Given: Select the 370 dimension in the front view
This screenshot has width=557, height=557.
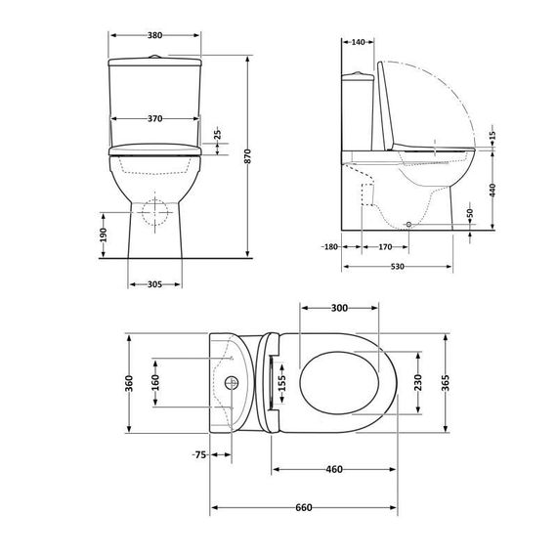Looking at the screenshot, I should (154, 118).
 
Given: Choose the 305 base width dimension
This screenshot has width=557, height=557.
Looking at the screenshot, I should (154, 284).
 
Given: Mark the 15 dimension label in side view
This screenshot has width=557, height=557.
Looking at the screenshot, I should (493, 134).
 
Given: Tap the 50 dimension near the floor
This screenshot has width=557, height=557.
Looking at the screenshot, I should (470, 213).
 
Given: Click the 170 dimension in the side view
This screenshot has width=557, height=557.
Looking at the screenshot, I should (386, 246).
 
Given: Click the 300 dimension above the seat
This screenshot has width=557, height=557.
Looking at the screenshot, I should (339, 308).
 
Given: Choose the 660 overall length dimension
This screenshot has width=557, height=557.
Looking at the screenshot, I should (304, 507).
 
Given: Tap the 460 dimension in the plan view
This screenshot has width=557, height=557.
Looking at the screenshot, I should (333, 470).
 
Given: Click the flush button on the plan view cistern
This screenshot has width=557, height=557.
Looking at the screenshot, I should (233, 383).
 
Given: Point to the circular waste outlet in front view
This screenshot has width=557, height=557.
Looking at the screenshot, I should (152, 211).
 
